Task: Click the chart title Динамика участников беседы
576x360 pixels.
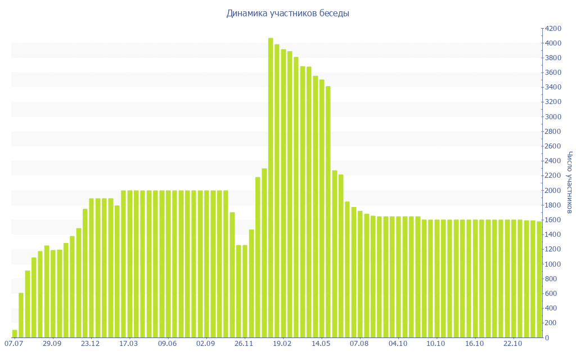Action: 287,13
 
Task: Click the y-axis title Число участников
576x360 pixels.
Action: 569,182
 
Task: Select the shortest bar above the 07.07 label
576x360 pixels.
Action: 15,334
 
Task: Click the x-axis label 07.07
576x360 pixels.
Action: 13,343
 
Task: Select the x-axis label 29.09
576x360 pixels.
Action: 52,343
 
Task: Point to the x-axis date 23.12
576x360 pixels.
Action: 91,343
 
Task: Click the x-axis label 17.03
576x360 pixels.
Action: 129,343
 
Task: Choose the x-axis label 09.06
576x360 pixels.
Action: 168,343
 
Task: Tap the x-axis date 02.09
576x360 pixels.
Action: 206,343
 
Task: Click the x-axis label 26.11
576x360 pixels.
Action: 244,343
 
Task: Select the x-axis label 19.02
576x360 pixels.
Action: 282,343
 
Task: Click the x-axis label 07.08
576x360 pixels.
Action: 359,343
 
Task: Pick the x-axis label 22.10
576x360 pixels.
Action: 513,343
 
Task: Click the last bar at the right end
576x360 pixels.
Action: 539,280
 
